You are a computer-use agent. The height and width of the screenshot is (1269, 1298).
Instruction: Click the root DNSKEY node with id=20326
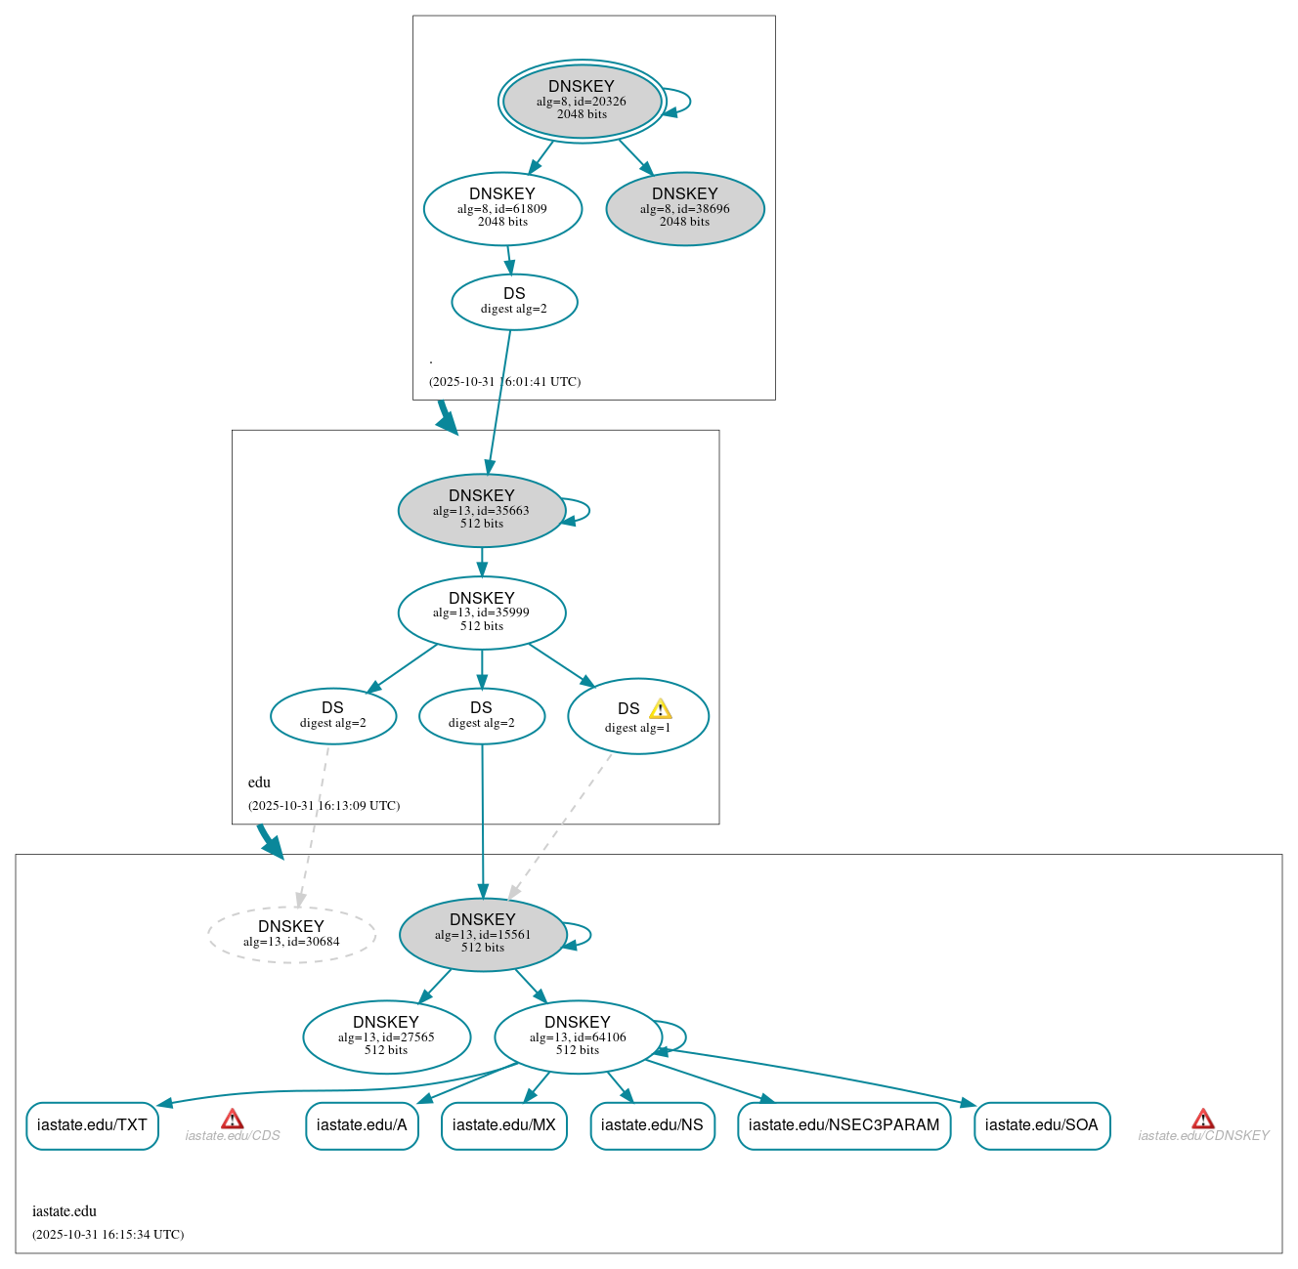tap(582, 101)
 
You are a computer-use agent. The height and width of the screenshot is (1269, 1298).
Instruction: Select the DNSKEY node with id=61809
tap(502, 208)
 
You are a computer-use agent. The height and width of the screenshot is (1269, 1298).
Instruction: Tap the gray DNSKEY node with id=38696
tap(684, 208)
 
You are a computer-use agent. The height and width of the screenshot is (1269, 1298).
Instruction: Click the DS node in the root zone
tap(514, 302)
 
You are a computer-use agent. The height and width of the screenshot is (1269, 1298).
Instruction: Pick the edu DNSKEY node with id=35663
tap(481, 510)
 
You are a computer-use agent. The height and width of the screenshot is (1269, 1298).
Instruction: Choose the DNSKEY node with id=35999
tap(481, 613)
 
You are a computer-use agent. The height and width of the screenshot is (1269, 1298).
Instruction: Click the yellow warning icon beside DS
tap(661, 709)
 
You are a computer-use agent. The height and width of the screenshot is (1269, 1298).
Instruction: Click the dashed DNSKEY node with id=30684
tap(291, 935)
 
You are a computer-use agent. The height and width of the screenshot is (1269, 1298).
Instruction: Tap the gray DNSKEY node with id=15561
tap(482, 935)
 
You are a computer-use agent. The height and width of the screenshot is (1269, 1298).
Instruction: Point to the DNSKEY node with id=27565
tap(386, 1036)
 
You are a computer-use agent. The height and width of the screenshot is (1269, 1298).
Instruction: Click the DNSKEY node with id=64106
tap(577, 1036)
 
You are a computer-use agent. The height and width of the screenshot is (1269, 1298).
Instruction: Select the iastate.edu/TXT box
tap(92, 1125)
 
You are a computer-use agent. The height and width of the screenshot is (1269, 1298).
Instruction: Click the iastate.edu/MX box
tap(503, 1125)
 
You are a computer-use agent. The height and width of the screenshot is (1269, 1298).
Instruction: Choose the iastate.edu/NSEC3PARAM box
tap(844, 1125)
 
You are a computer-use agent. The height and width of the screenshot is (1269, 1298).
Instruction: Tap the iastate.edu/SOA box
tap(1041, 1125)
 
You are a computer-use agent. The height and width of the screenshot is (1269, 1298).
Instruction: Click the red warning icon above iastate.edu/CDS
tap(232, 1119)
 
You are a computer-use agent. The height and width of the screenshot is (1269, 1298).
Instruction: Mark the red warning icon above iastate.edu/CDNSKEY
tap(1203, 1119)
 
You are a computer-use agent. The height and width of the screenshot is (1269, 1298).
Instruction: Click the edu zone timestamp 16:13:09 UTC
tap(324, 806)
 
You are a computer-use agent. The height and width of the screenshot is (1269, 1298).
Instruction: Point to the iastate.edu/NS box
tap(652, 1125)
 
